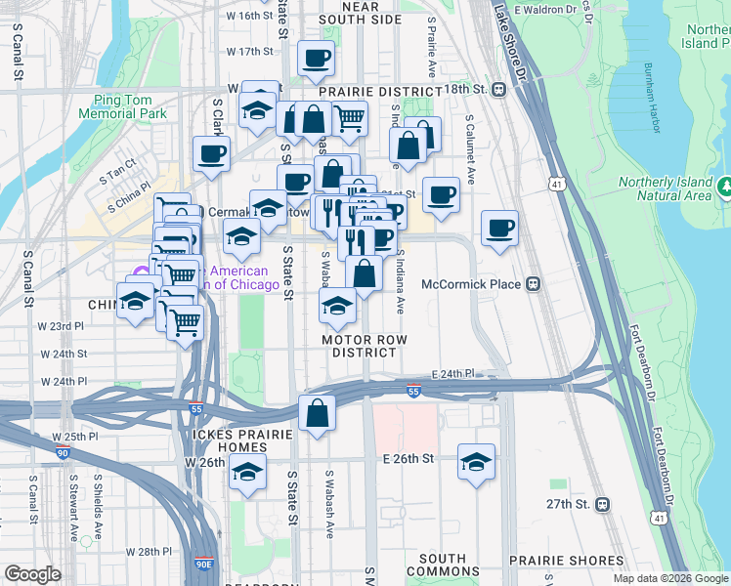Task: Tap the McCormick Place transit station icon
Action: click(x=533, y=284)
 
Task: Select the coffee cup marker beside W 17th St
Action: click(x=316, y=60)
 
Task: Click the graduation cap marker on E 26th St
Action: click(x=476, y=463)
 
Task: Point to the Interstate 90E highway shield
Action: click(x=204, y=564)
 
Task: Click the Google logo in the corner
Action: click(x=32, y=574)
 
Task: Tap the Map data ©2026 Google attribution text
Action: click(x=670, y=578)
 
